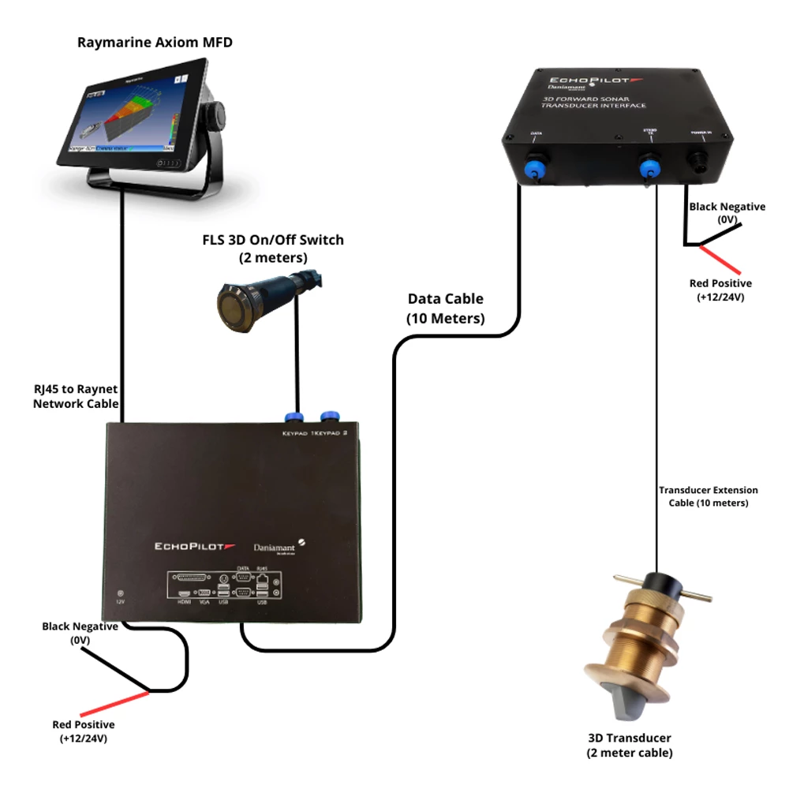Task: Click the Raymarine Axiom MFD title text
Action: click(x=155, y=42)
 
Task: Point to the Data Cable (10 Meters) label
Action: click(x=446, y=308)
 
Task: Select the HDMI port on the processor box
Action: click(x=183, y=593)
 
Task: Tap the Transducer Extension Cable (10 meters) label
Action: click(x=708, y=496)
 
